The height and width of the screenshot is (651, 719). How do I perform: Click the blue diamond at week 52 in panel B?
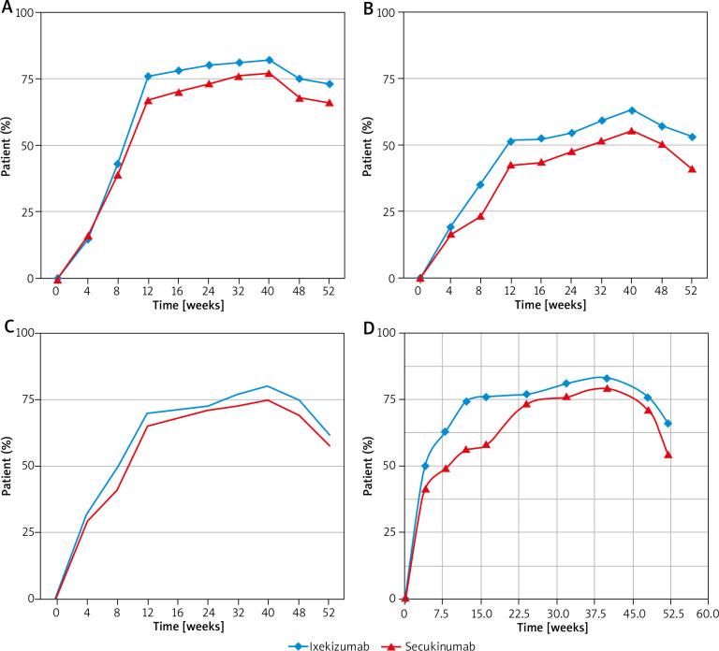[692, 137]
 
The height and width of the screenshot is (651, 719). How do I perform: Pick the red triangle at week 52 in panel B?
[692, 169]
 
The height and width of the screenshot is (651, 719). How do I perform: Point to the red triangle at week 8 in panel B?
[480, 216]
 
